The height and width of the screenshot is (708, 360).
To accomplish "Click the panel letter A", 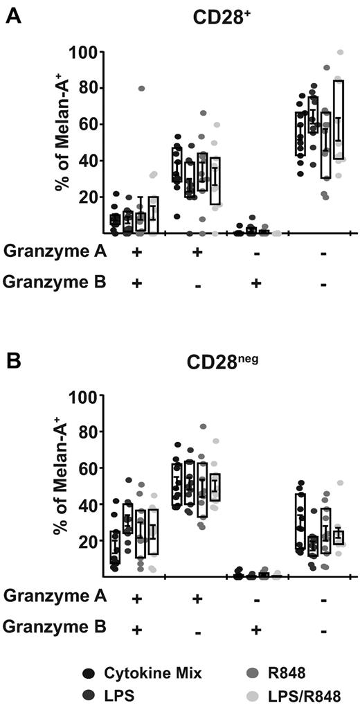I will (12, 14).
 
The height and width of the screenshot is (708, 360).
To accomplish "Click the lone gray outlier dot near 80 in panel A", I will (141, 89).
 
